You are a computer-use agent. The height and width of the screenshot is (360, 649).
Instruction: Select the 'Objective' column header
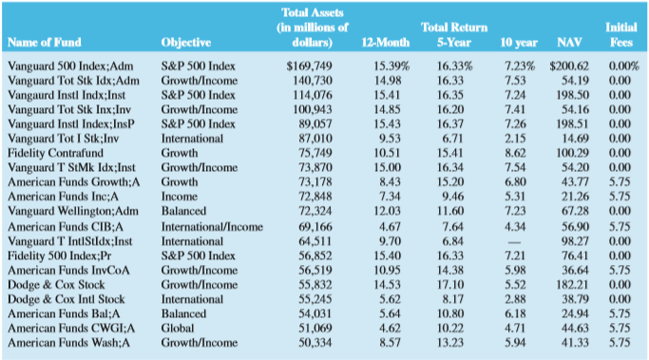[186, 43]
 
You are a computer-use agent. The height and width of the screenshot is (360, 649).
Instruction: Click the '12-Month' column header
[385, 43]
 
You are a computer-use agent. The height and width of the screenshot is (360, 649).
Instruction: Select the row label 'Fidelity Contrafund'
[57, 152]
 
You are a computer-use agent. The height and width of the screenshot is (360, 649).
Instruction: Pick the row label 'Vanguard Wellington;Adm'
[73, 209]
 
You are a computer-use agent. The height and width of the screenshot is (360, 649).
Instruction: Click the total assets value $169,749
[310, 66]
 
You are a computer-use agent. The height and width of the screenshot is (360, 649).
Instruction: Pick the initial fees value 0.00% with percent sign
[622, 66]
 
